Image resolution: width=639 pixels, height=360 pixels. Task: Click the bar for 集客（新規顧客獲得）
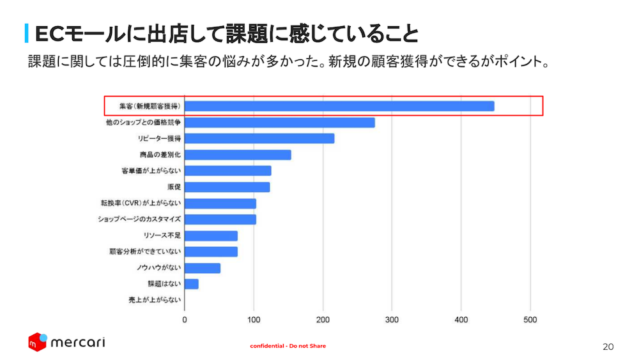[x=339, y=106]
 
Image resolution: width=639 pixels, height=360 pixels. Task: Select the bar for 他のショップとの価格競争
[x=280, y=122]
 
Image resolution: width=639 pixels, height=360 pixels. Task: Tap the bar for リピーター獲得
[x=259, y=138]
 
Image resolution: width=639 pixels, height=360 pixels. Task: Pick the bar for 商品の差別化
[x=238, y=155]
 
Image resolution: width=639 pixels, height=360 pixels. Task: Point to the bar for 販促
[x=227, y=187]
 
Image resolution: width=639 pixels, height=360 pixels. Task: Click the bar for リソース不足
[x=212, y=235]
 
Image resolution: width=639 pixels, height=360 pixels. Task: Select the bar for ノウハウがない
[x=203, y=268]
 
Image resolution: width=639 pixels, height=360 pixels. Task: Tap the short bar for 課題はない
[x=192, y=284]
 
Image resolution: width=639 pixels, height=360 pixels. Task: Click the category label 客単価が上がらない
[x=151, y=171]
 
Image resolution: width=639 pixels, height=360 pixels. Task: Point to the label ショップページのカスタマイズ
[x=139, y=219]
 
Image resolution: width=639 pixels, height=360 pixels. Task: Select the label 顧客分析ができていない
[x=145, y=252]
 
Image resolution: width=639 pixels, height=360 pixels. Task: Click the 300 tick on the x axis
[x=392, y=319]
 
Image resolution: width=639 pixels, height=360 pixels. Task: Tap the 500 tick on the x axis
[x=530, y=319]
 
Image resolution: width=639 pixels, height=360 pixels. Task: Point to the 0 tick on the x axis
[x=185, y=319]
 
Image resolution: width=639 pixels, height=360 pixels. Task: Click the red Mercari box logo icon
[x=38, y=342]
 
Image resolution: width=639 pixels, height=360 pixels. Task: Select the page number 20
[x=608, y=347]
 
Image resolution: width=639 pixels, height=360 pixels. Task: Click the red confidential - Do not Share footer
[x=288, y=346]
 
